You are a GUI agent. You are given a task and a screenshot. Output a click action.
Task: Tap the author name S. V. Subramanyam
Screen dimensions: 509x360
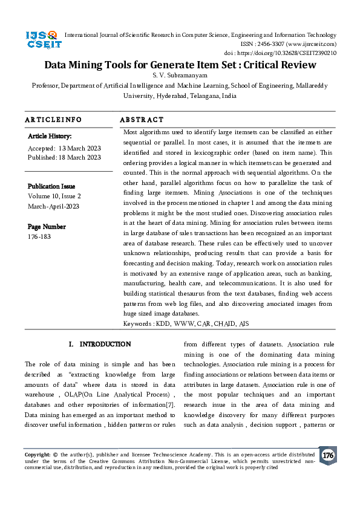coord(180,76)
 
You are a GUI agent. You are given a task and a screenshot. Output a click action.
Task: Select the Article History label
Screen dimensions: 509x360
coord(50,137)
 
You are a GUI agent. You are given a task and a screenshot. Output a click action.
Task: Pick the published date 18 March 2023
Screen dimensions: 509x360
coord(79,157)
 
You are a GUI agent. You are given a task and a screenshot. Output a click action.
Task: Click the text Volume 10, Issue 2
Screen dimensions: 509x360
coord(54,196)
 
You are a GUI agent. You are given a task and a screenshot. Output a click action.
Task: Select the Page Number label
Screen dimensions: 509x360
coord(47,227)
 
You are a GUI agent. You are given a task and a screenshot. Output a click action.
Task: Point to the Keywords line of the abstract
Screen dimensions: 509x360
coord(185,323)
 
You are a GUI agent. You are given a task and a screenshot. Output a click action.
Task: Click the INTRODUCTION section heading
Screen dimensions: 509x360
coord(105,344)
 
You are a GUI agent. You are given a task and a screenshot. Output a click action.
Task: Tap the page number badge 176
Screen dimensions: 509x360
coord(327,455)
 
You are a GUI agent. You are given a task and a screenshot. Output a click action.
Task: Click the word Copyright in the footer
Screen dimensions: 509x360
coord(37,453)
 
